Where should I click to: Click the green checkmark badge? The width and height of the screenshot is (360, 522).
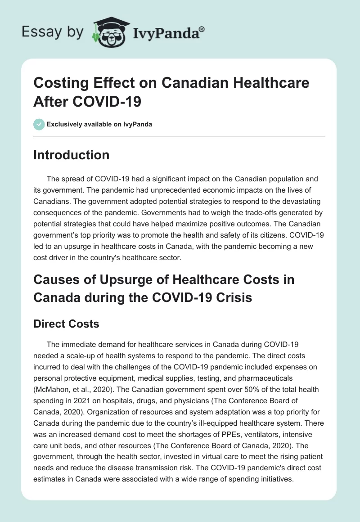[x=39, y=124]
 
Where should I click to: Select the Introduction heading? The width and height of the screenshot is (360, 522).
[x=72, y=155]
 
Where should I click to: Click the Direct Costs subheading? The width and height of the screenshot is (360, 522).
[x=66, y=324]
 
